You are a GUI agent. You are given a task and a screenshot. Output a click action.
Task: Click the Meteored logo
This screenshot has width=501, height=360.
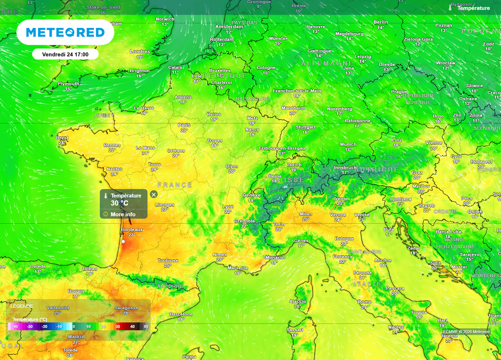pyautogui.click(x=65, y=32)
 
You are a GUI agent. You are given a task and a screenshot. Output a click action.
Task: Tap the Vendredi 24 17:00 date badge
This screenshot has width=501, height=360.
pyautogui.click(x=65, y=54)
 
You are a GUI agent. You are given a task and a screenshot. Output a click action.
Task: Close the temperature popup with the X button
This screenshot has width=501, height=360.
pyautogui.click(x=154, y=195)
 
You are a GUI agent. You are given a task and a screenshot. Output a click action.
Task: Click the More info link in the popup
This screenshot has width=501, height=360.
pyautogui.click(x=122, y=214)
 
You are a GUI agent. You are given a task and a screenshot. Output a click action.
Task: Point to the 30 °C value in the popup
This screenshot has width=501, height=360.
pyautogui.click(x=119, y=203)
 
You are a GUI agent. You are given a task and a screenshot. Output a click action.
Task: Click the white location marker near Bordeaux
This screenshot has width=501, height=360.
pyautogui.click(x=123, y=242)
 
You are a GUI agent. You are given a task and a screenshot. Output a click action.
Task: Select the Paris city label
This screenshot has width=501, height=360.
pyautogui.click(x=184, y=125)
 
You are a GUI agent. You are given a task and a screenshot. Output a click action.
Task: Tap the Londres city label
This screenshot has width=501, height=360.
pyautogui.click(x=140, y=51)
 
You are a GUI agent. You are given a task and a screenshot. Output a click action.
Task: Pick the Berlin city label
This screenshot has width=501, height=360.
pyautogui.click(x=381, y=22)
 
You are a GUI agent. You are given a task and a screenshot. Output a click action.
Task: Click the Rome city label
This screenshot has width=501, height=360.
pyautogui.click(x=364, y=302)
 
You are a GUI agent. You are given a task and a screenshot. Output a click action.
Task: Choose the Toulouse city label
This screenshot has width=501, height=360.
pyautogui.click(x=168, y=261)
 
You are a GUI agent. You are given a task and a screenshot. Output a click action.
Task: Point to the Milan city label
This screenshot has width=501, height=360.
pyautogui.click(x=306, y=214)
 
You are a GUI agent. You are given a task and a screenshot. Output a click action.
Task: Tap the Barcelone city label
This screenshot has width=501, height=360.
pyautogui.click(x=181, y=314)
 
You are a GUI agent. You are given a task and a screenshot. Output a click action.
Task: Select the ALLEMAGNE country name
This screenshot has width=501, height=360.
pyautogui.click(x=327, y=64)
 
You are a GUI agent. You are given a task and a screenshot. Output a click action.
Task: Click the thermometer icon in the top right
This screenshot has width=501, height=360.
pyautogui.click(x=450, y=8)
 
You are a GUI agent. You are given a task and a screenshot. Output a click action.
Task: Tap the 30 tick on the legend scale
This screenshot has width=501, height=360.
pyautogui.click(x=117, y=326)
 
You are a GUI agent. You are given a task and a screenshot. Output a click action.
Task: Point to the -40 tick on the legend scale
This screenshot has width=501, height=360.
pyautogui.click(x=15, y=326)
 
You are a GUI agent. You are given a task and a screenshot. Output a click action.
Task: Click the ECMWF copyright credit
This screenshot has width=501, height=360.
pyautogui.click(x=466, y=332)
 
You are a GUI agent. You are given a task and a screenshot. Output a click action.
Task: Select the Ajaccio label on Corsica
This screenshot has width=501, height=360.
pyautogui.click(x=297, y=301)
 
